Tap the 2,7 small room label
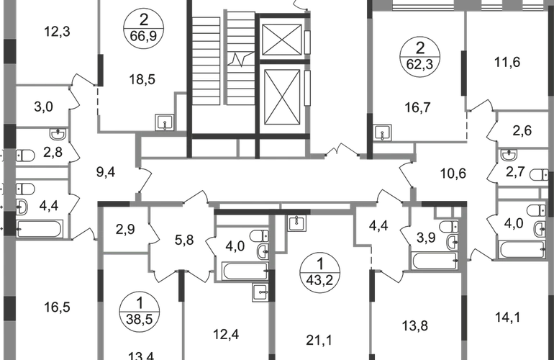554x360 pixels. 515,173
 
